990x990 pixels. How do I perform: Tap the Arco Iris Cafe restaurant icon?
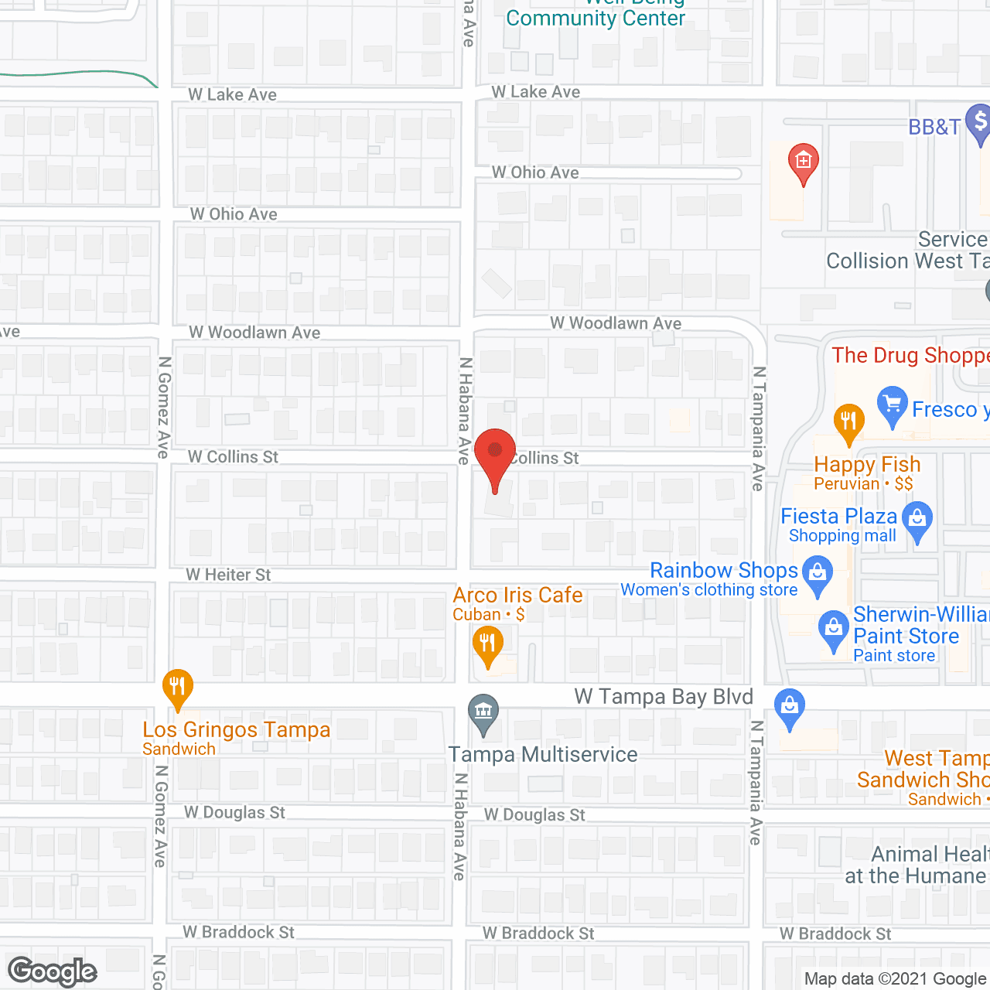point(488,644)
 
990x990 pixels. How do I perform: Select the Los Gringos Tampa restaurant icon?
point(178,688)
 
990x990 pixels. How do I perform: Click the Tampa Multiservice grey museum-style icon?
point(483,712)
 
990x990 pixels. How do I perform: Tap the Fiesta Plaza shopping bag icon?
point(918,520)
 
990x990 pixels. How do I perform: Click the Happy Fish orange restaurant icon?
point(848,422)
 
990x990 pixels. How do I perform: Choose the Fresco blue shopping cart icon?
point(893,405)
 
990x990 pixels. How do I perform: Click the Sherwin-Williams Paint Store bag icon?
point(833,629)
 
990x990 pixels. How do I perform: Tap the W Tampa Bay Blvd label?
point(664,697)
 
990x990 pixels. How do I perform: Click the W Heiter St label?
point(228,575)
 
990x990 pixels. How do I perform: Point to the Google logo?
point(53,971)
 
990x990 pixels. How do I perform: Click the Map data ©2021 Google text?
point(895,978)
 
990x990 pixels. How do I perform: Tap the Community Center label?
point(596,18)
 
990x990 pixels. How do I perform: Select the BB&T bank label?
point(934,127)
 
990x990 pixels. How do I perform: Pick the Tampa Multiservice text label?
point(543,754)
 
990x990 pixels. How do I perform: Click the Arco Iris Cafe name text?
point(517,595)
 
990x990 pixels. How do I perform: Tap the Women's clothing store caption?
point(708,590)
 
